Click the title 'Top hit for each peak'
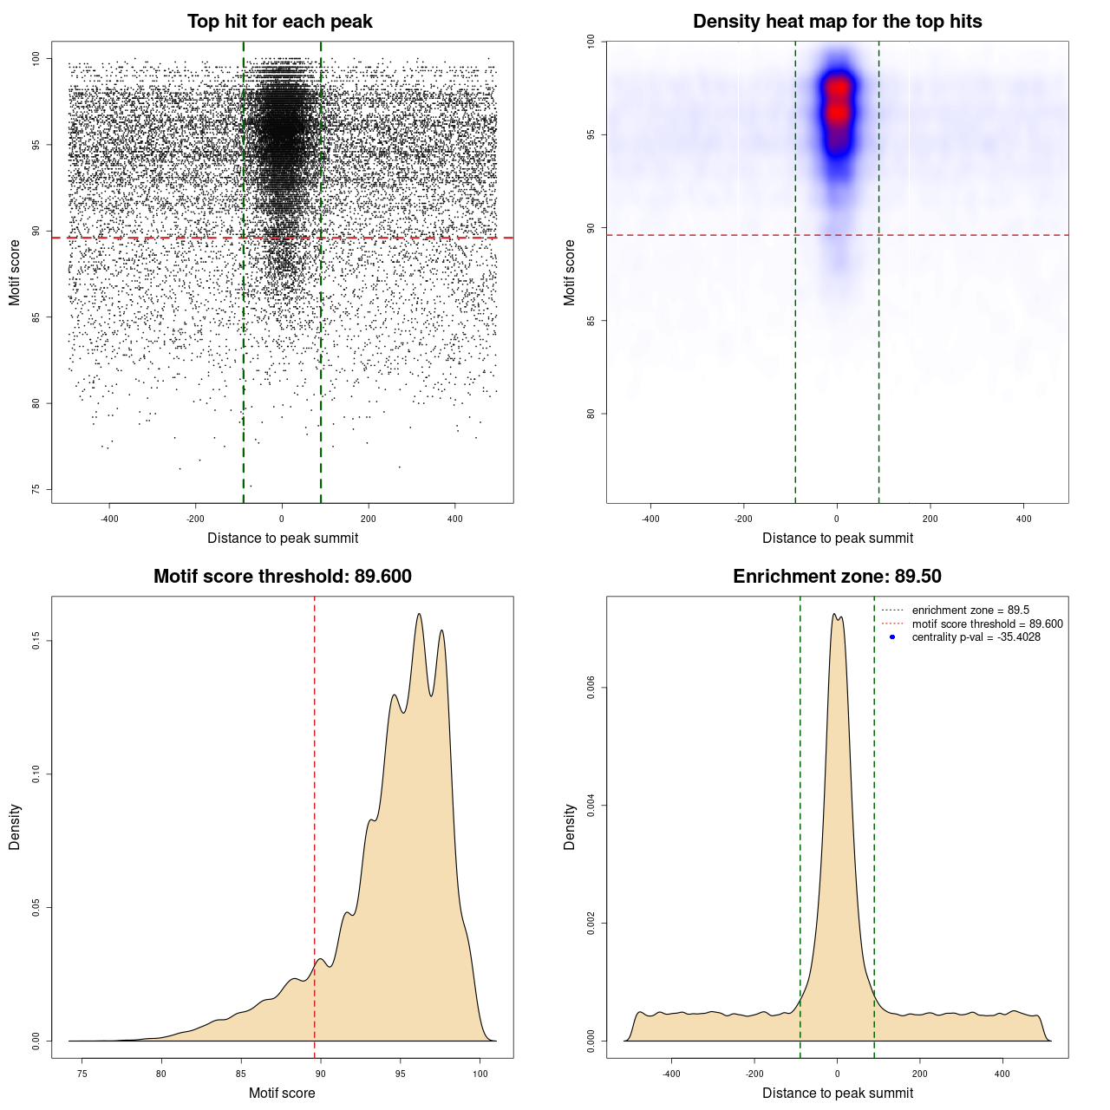(279, 22)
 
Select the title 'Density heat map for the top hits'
(837, 22)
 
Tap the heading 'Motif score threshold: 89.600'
(282, 577)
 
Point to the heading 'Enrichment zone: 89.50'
(837, 577)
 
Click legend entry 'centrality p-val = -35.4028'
(976, 637)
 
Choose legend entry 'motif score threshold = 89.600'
(987, 624)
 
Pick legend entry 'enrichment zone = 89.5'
(970, 610)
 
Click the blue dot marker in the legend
(892, 637)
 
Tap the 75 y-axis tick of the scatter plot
(36, 489)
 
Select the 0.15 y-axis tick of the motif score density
(36, 641)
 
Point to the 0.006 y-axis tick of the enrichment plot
(591, 689)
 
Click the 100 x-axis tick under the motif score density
(480, 1074)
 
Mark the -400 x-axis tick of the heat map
(650, 519)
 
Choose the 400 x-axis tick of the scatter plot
(454, 519)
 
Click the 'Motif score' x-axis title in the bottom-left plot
(282, 1093)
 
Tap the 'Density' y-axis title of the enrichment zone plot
(570, 826)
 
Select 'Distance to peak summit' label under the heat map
(837, 538)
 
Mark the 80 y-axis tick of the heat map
(591, 414)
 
